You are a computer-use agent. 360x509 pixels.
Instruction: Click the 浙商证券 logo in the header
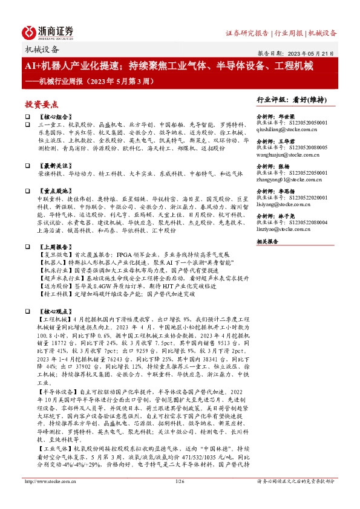pyautogui.click(x=48, y=32)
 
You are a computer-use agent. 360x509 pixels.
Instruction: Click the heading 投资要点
pyautogui.click(x=41, y=104)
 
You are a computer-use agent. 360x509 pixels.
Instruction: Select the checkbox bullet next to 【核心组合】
pyautogui.click(x=27, y=116)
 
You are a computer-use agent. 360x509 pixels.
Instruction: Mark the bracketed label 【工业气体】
pyautogui.click(x=53, y=451)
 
